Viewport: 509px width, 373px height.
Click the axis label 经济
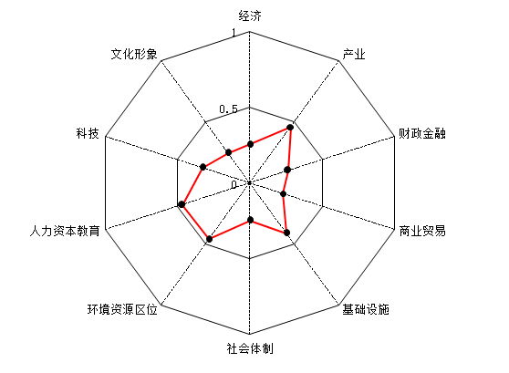(x=250, y=16)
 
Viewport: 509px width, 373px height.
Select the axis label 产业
(x=354, y=54)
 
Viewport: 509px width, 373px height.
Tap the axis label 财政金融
(x=422, y=133)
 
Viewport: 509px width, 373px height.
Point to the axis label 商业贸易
(x=422, y=231)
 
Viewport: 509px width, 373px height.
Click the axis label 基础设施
(x=366, y=309)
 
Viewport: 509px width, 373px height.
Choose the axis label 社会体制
(x=250, y=348)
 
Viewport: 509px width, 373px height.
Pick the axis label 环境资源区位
(x=122, y=309)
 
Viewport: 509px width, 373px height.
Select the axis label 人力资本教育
(x=65, y=231)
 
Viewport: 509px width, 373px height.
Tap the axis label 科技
(x=88, y=133)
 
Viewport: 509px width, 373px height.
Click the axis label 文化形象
(x=134, y=54)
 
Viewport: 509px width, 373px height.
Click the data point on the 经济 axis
(x=250, y=144)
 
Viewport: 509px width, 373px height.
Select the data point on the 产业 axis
(x=290, y=128)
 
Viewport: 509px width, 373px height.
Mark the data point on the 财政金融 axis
(x=287, y=170)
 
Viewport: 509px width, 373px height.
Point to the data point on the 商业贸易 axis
(x=283, y=194)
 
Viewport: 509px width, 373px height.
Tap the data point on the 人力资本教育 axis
(x=182, y=204)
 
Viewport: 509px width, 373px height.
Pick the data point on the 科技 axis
(x=203, y=167)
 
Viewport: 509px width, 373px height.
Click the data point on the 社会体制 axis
(x=250, y=220)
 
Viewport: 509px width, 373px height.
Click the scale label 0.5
(x=229, y=109)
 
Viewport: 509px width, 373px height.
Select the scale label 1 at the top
(x=234, y=33)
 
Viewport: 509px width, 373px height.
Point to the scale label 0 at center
(x=234, y=185)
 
